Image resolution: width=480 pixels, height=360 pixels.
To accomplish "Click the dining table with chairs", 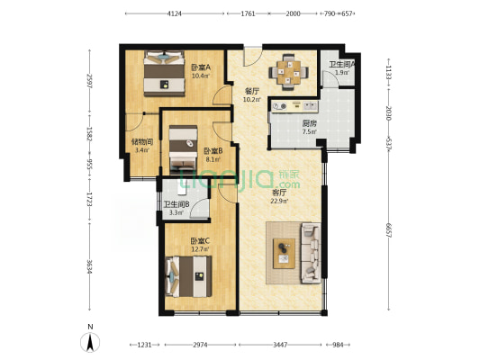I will coord(289,71).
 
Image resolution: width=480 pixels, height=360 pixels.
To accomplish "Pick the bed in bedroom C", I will coord(190,274).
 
